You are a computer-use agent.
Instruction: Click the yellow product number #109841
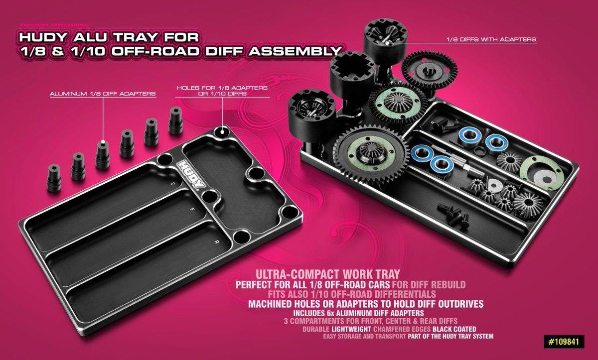[x=564, y=342]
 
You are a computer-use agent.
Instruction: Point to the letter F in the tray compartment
[x=191, y=209]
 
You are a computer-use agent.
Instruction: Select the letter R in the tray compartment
[x=216, y=242]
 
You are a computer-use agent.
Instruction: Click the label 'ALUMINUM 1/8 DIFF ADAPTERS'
[x=103, y=94]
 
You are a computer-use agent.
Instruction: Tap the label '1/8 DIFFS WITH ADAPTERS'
[x=491, y=39]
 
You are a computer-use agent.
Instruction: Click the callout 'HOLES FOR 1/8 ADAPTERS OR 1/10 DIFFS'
[x=222, y=91]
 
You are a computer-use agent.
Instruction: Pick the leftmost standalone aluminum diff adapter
[x=54, y=178]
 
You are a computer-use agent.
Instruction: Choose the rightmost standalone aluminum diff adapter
[x=175, y=120]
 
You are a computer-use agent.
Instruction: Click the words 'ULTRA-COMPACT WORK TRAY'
[x=328, y=274]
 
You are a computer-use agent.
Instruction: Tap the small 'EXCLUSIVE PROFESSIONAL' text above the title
[x=55, y=25]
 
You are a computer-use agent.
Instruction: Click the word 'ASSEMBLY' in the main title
[x=295, y=51]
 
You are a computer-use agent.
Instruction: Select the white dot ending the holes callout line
[x=222, y=130]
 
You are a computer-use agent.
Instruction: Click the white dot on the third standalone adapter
[x=103, y=142]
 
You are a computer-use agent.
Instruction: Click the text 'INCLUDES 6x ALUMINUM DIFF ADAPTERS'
[x=358, y=313]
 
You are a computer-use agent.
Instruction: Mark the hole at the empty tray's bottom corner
[x=241, y=237]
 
